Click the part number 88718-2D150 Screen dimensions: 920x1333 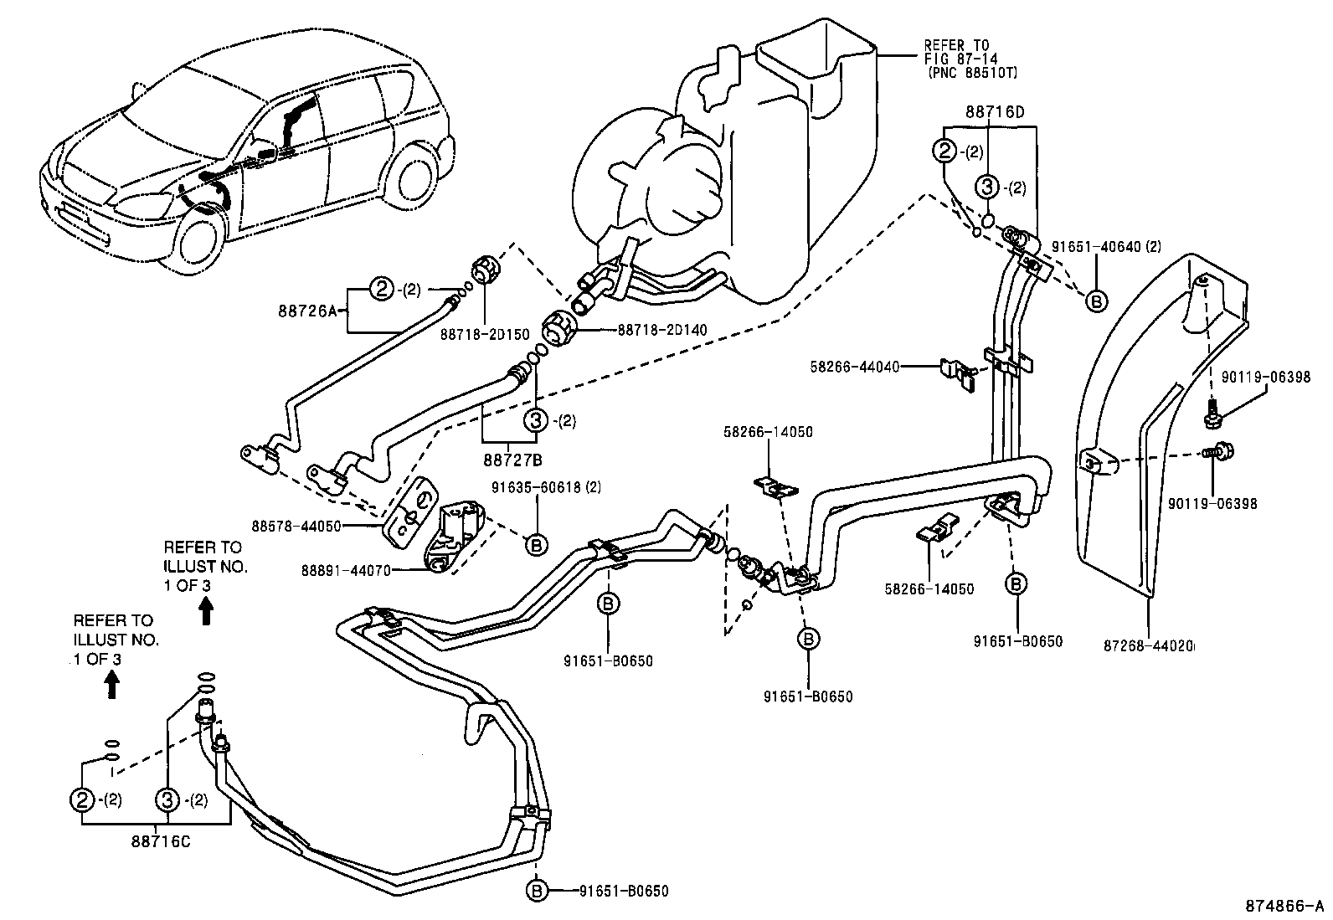(485, 334)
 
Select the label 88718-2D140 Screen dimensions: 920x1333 (662, 330)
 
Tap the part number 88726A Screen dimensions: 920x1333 (306, 311)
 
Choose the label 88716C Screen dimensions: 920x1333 (162, 840)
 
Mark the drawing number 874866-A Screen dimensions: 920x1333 (1280, 906)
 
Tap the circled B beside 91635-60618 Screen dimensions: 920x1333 (535, 544)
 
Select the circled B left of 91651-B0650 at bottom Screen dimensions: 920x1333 (536, 891)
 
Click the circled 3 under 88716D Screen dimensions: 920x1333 (988, 187)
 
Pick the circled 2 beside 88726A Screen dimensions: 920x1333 (383, 290)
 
